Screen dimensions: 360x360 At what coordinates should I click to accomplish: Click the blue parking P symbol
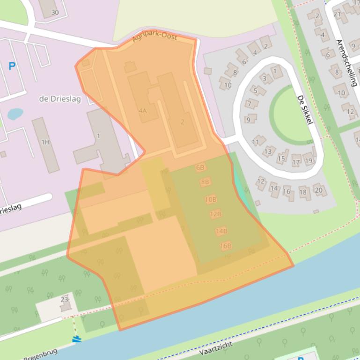point(12,67)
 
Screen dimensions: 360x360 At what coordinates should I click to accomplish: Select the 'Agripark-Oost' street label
point(154,37)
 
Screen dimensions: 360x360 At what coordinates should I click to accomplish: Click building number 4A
point(143,111)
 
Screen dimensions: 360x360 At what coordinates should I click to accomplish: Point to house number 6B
point(200,167)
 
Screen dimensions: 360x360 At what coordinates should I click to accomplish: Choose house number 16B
point(226,245)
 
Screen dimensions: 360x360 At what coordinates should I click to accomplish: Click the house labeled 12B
point(215,214)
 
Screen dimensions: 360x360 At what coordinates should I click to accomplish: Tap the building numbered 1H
point(45,142)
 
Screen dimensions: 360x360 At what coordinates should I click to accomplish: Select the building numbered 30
point(55,12)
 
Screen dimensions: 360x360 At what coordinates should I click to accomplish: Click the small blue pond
point(15,114)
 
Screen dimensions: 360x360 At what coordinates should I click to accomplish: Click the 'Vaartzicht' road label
point(215,349)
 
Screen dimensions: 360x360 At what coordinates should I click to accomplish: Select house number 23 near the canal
point(65,300)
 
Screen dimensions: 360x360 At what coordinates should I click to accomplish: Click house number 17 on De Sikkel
point(296,162)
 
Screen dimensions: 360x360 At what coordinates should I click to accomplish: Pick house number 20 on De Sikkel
point(318,190)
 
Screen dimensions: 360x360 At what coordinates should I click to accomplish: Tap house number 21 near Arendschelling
point(337,14)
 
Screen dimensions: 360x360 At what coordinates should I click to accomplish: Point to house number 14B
point(221,230)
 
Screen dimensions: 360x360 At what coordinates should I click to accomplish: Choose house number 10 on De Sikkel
point(228,85)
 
